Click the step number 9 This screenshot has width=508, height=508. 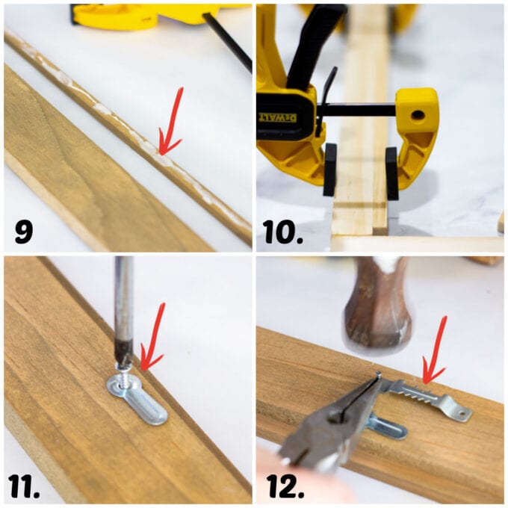(x=24, y=231)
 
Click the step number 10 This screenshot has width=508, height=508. (x=282, y=231)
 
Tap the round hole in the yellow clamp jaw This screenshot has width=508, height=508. (x=416, y=115)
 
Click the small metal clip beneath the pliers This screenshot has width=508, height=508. (x=388, y=428)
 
